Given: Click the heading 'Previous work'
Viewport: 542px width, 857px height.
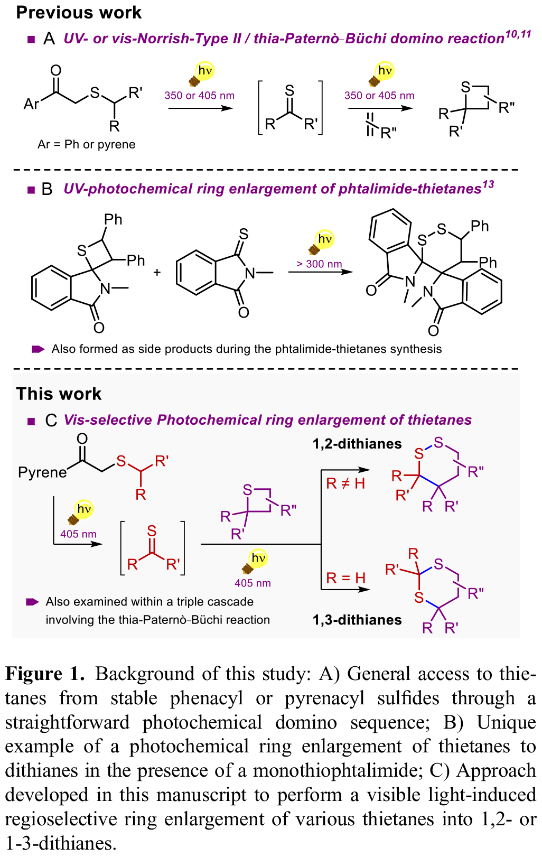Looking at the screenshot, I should (79, 13).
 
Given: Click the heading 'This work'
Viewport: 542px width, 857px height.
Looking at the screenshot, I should (59, 394).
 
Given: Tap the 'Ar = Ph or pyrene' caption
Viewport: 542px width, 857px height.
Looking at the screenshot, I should (87, 144).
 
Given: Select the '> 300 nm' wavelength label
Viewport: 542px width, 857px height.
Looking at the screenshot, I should (319, 264).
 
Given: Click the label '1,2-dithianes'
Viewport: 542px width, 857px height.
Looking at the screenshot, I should (357, 444).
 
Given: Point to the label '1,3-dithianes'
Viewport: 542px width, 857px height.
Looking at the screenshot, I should (357, 620).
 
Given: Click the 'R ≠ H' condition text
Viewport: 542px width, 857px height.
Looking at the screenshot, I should (345, 483).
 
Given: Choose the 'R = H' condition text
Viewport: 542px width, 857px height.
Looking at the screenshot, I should (345, 578).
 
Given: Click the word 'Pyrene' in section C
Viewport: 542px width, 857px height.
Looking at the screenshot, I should (42, 472).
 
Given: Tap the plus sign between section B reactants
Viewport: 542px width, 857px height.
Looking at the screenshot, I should (157, 273).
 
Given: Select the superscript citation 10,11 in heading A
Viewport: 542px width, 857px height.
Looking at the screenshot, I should (518, 34).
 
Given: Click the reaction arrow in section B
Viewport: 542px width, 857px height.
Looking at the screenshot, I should (320, 272).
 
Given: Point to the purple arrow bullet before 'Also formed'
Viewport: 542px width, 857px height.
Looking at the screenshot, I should (38, 349).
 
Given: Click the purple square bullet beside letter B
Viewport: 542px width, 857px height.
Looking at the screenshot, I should (31, 190).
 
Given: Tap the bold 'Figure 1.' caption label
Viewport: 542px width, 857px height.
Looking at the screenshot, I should (45, 674).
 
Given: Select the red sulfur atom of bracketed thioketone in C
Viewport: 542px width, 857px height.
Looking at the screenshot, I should (152, 530).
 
